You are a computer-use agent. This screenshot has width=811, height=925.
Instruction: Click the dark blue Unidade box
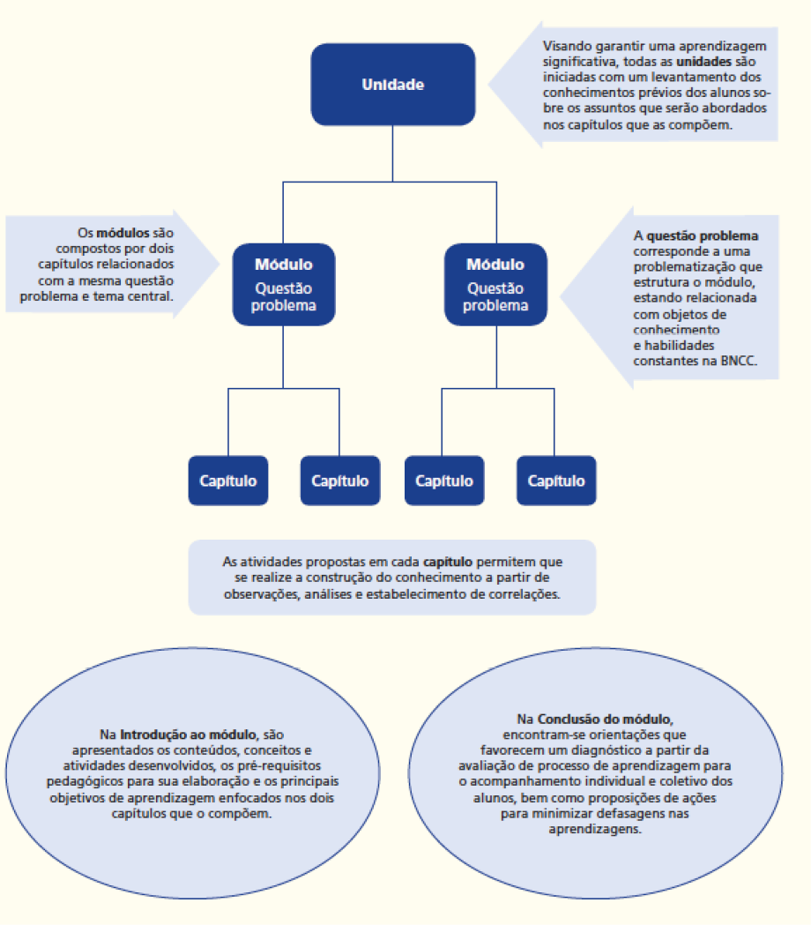(393, 86)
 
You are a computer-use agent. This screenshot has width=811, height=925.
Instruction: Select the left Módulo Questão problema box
(284, 284)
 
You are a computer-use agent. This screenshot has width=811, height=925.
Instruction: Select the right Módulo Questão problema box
(495, 284)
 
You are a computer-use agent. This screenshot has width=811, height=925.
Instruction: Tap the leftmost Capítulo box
(228, 481)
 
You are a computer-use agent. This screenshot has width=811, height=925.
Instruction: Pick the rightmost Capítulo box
(556, 481)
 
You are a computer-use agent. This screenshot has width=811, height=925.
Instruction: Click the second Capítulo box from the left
(340, 481)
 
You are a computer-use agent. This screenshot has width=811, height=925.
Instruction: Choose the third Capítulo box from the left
(444, 481)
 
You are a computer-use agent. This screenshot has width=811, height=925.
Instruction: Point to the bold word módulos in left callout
(123, 234)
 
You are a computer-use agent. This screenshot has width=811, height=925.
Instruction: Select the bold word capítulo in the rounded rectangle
(449, 561)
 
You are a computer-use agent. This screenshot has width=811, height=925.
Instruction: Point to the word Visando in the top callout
(566, 45)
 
